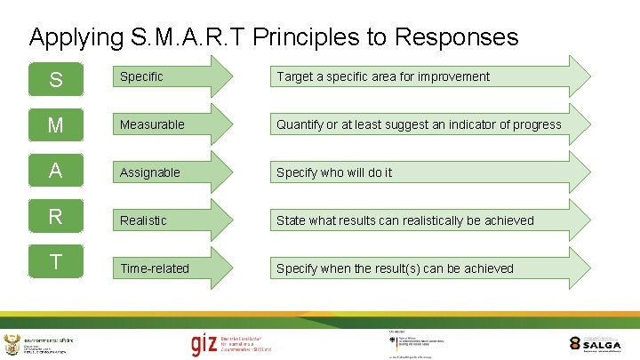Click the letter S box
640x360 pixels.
[55, 79]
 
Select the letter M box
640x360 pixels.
[55, 124]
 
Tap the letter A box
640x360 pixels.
[55, 171]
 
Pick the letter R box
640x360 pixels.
[55, 217]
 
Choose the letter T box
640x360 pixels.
[55, 262]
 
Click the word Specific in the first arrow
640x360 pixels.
[141, 76]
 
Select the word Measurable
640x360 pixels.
[152, 124]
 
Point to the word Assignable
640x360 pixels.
[150, 172]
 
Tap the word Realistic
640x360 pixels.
[143, 220]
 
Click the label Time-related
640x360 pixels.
[155, 268]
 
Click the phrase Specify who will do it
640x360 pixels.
[333, 172]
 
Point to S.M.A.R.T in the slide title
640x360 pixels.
[191, 37]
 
